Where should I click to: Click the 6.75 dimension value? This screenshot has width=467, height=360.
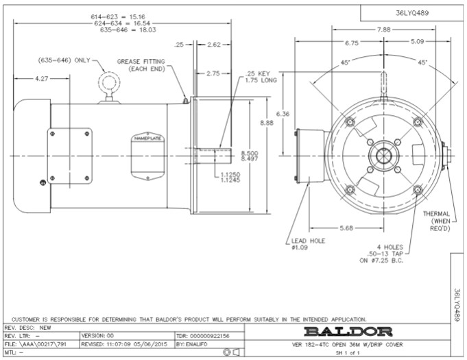(x=352, y=42)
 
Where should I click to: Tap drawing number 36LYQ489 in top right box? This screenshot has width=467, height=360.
(x=412, y=12)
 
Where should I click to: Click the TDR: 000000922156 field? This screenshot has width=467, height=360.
(x=202, y=335)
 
